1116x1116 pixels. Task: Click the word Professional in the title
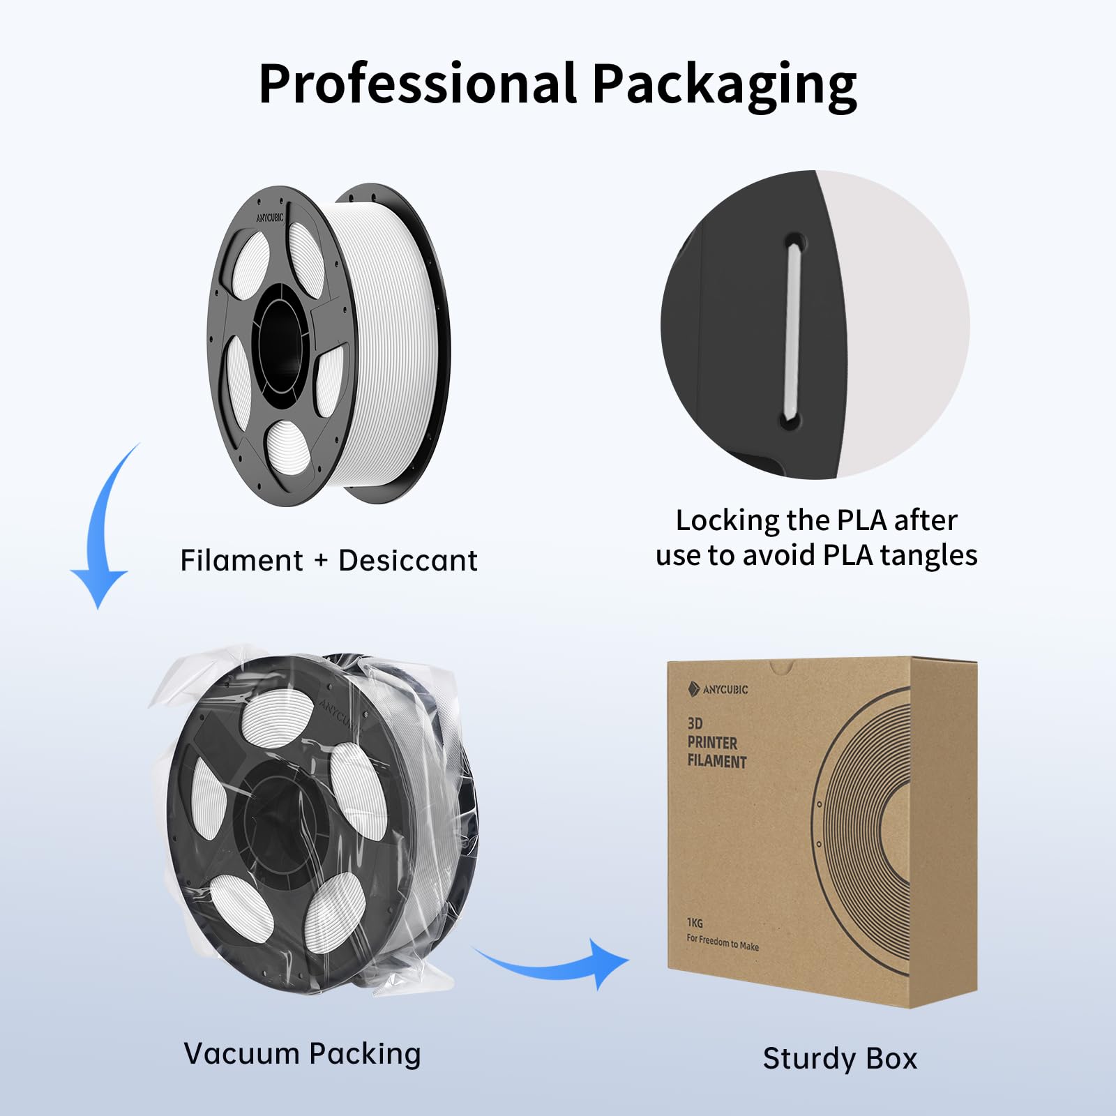(x=417, y=84)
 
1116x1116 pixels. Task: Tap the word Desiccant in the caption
(x=408, y=560)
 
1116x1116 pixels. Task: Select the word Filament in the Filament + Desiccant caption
(x=241, y=560)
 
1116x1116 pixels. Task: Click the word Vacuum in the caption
(x=241, y=1053)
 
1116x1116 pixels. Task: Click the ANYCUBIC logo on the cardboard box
(x=718, y=689)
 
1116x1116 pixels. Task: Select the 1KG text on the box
(x=695, y=923)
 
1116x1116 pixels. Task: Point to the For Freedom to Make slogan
(x=723, y=942)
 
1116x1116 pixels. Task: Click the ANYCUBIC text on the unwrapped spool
(x=269, y=218)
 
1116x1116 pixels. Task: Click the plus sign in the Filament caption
(x=321, y=560)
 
